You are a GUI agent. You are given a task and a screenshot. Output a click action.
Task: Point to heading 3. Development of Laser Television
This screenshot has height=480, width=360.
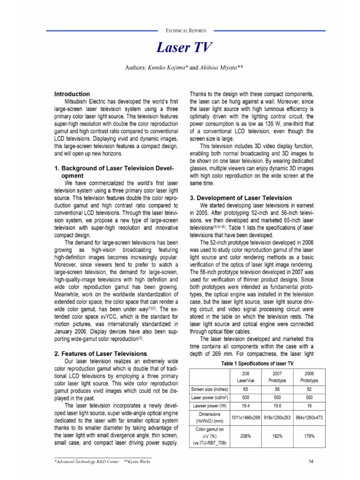click(x=240, y=198)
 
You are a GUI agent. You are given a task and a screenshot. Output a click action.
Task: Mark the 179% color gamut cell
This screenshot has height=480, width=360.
click(x=307, y=435)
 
